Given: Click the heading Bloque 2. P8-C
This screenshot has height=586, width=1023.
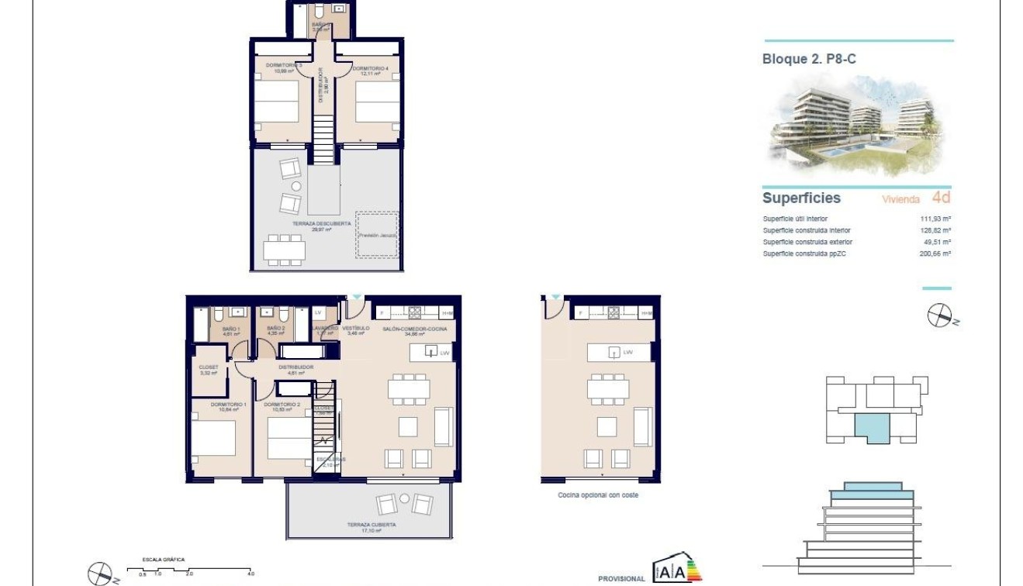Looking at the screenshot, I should [x=809, y=59].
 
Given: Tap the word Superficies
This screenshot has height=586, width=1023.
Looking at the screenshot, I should [x=801, y=198].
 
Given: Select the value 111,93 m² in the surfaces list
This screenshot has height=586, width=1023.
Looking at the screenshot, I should [x=935, y=219].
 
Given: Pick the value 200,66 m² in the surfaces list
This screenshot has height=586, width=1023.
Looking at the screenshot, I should [x=935, y=253].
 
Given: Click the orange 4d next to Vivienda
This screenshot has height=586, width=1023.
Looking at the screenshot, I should [x=941, y=198].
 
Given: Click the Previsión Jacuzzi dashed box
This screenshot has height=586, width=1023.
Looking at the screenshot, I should [x=377, y=234].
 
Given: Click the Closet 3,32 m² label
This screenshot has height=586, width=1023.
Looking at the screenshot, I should [x=209, y=370].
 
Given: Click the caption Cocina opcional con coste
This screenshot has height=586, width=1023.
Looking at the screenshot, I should [x=597, y=495].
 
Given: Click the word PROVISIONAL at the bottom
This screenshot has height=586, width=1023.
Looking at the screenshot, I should [x=621, y=578].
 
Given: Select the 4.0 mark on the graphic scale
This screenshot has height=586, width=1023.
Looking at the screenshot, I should [x=250, y=574].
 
